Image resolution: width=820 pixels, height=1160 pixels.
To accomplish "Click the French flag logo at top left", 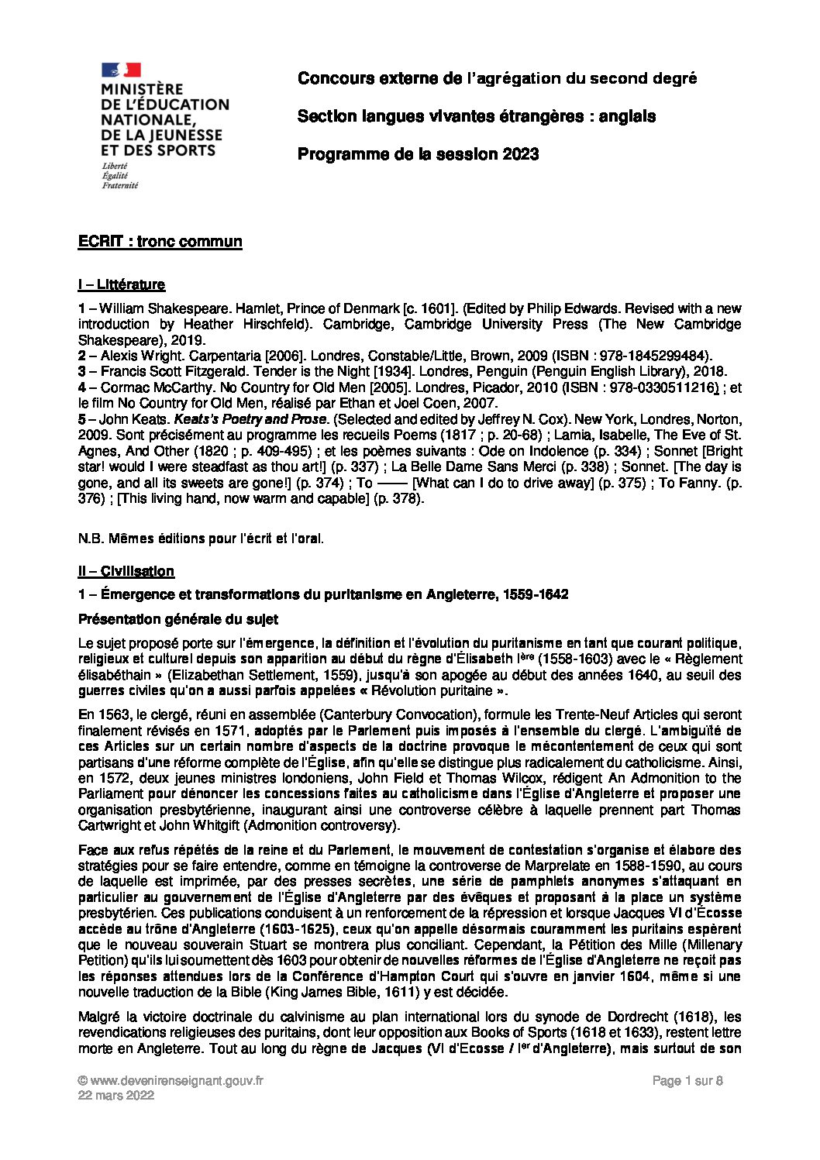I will pyautogui.click(x=120, y=69).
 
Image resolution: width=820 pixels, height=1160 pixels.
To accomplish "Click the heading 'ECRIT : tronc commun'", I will pyautogui.click(x=160, y=242).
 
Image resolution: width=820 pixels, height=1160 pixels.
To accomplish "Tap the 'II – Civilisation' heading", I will pyautogui.click(x=126, y=571).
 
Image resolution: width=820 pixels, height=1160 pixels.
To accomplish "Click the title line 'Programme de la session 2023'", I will pyautogui.click(x=418, y=154).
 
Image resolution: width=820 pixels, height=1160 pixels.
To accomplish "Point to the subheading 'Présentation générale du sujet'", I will pyautogui.click(x=178, y=619).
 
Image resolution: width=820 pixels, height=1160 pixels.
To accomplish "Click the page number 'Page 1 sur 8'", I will pyautogui.click(x=688, y=1082).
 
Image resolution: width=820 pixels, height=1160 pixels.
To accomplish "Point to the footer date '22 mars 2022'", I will pyautogui.click(x=116, y=1096).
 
